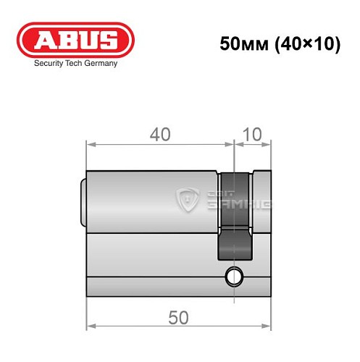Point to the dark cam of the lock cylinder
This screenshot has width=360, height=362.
click(235, 217)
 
